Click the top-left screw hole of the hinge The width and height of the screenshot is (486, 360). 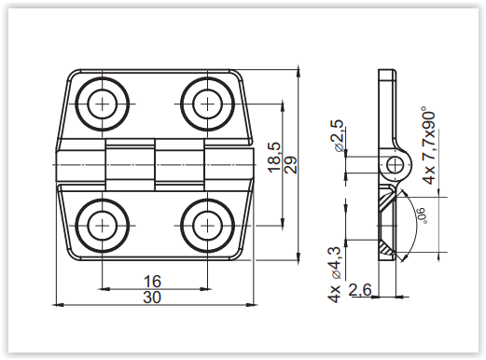(x=102, y=104)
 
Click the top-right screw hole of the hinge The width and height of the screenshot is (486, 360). (x=207, y=104)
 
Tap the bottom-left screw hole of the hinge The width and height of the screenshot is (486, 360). (x=102, y=225)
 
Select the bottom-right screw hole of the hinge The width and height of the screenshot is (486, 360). (x=207, y=225)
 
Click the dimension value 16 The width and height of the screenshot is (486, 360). (x=152, y=282)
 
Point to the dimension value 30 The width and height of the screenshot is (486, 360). (x=152, y=298)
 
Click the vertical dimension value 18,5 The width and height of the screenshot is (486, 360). (x=274, y=157)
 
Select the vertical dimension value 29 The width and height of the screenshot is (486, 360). (x=291, y=164)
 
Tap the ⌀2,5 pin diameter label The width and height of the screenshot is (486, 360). (x=338, y=135)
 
